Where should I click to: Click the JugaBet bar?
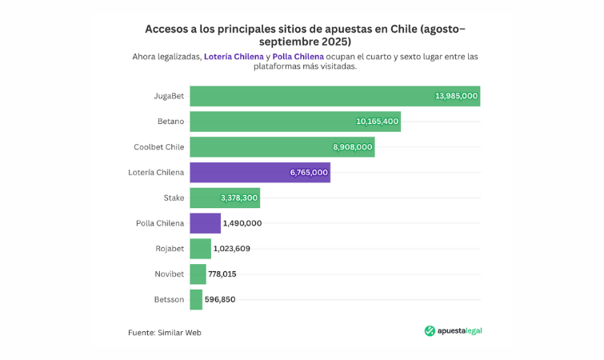[x=320, y=96]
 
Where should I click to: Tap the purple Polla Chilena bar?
[x=205, y=223]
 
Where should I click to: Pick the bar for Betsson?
[x=196, y=299]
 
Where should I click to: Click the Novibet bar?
[x=198, y=274]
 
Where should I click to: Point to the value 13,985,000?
[x=456, y=96]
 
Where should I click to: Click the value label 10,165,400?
[x=377, y=122]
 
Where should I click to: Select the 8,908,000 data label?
[x=352, y=147]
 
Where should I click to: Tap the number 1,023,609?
[x=231, y=249]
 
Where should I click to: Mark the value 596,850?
[x=220, y=299]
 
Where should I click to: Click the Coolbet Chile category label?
[x=158, y=147]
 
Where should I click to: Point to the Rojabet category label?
[x=170, y=249]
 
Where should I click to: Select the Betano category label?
[x=170, y=122]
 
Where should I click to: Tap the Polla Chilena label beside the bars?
[x=160, y=223]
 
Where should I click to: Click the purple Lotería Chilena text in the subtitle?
[x=233, y=57]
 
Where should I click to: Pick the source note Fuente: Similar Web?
[x=165, y=332]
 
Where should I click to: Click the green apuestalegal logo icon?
[x=430, y=331]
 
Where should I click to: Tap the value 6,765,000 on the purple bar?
[x=309, y=172]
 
